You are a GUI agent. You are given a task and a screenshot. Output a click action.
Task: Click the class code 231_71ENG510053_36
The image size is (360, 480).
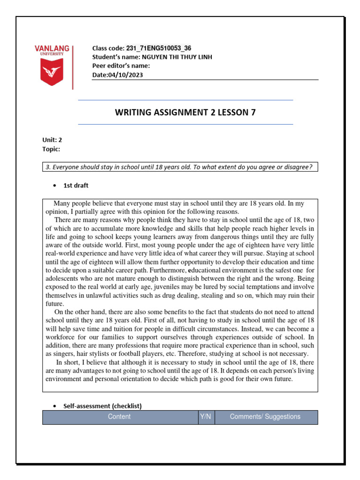pyautogui.click(x=158, y=48)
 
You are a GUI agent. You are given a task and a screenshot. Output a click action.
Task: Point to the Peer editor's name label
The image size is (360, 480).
pyautogui.click(x=121, y=66)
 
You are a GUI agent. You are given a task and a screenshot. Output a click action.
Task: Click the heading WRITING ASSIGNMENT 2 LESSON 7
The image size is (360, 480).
pyautogui.click(x=185, y=112)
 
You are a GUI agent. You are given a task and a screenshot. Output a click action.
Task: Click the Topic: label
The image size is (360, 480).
pyautogui.click(x=51, y=149)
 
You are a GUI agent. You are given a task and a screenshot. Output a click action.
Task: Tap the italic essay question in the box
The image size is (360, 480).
pyautogui.click(x=180, y=167)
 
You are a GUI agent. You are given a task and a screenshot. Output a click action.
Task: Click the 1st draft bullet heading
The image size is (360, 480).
pyautogui.click(x=75, y=186)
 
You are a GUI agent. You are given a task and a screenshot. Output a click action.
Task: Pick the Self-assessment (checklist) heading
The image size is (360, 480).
pyautogui.click(x=102, y=406)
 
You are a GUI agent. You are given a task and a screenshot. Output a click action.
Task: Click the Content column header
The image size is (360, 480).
pyautogui.click(x=120, y=417)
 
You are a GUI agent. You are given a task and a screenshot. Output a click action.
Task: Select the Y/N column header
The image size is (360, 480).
pyautogui.click(x=205, y=417)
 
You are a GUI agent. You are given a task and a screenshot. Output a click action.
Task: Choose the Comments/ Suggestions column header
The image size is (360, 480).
pyautogui.click(x=265, y=417)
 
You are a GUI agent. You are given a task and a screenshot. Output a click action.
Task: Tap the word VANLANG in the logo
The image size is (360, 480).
pyautogui.click(x=52, y=48)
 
